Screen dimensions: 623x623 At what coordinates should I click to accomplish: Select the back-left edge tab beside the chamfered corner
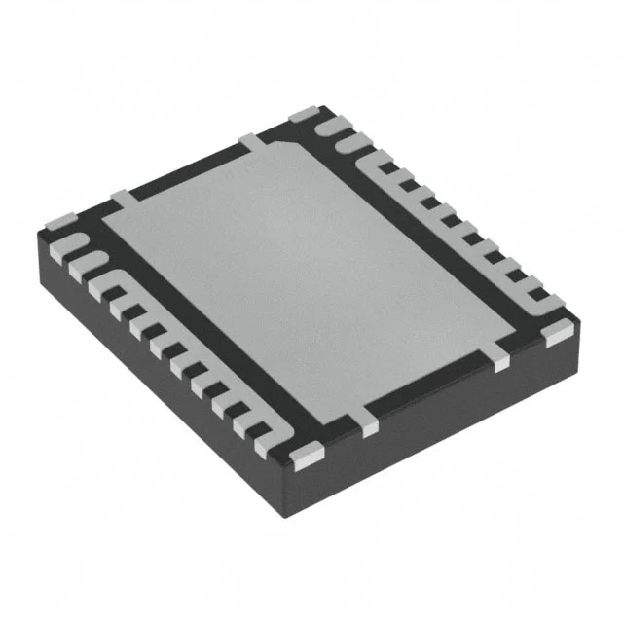click(x=251, y=144)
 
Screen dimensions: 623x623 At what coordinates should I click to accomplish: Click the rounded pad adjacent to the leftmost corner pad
click(x=74, y=240)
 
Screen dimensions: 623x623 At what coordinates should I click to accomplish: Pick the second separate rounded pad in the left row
click(x=90, y=261)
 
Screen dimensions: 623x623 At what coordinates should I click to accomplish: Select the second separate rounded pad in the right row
click(x=347, y=143)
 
